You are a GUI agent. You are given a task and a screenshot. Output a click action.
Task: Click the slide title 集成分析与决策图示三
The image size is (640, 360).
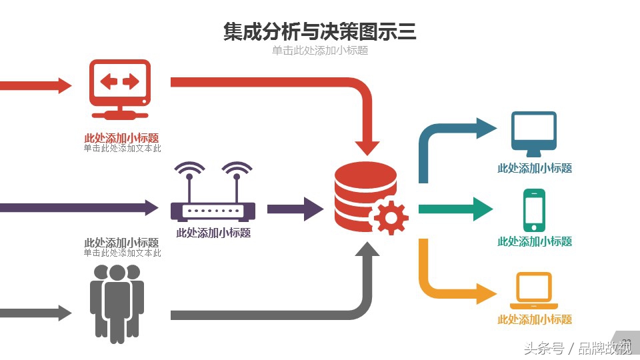(319, 32)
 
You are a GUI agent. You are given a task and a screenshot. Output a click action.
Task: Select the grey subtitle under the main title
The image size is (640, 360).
(319, 51)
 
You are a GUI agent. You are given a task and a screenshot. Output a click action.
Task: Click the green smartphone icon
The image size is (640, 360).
(534, 210)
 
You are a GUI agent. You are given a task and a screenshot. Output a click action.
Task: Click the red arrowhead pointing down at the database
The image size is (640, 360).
(367, 147)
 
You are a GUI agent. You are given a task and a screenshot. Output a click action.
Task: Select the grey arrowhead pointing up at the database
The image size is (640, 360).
(367, 249)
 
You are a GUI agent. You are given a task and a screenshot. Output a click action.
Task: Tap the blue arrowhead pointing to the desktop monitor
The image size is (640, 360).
(485, 127)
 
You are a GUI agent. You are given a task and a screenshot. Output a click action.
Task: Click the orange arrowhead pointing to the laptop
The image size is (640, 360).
(485, 293)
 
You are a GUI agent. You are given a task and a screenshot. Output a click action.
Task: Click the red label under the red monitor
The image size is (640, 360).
(121, 138)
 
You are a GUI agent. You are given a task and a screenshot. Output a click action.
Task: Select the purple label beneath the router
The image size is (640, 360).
(213, 233)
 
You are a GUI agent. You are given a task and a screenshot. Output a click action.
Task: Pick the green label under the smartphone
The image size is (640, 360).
(535, 241)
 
